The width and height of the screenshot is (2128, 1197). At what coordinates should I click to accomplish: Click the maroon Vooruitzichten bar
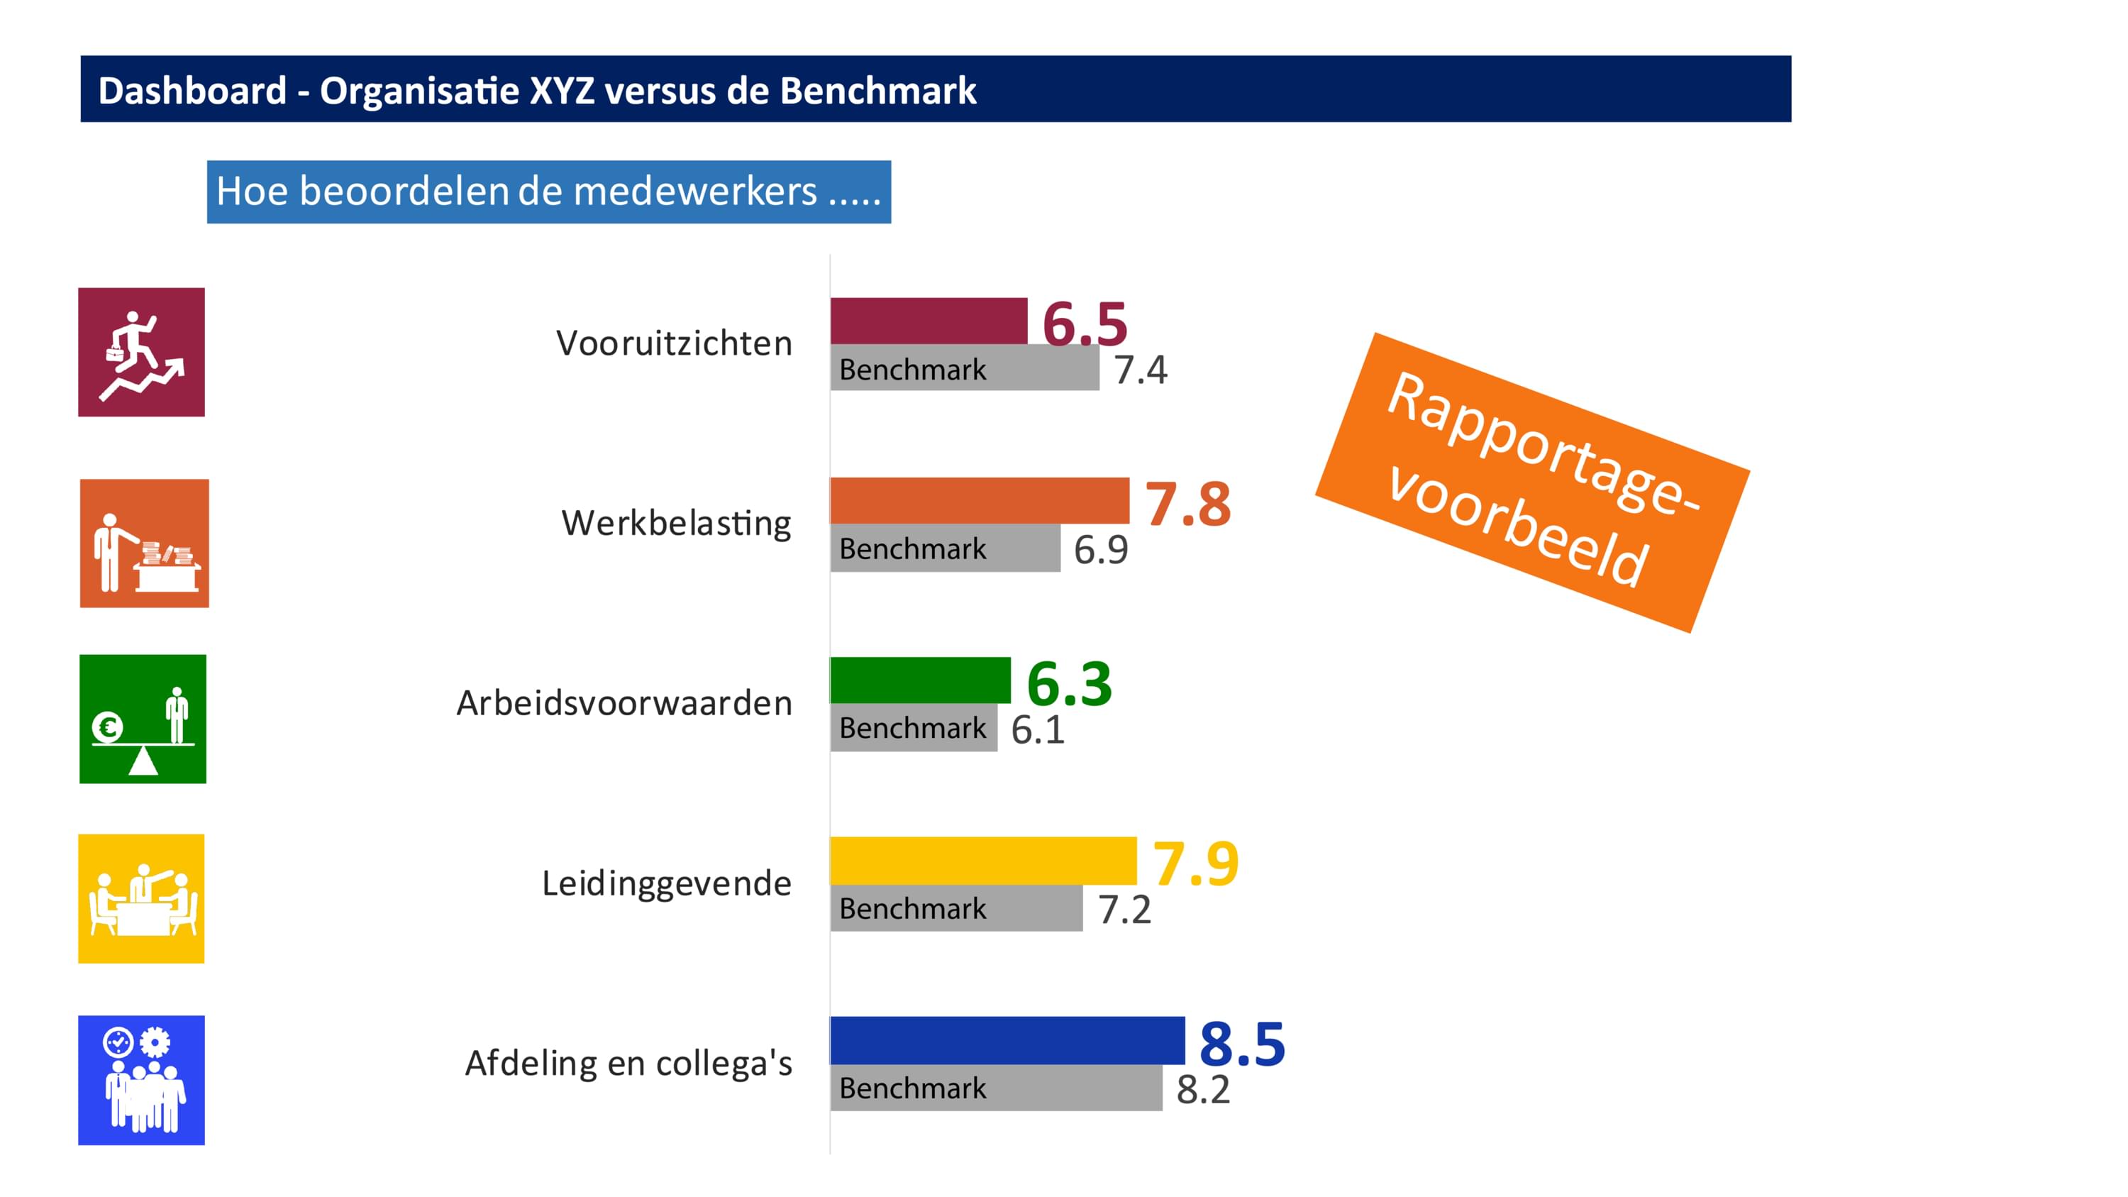pos(928,321)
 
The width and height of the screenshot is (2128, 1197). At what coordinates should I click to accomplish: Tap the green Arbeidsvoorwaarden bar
pos(919,680)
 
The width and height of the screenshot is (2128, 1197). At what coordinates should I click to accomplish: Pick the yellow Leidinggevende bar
pos(982,860)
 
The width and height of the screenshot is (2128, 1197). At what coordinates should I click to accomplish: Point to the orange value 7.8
pos(1187,504)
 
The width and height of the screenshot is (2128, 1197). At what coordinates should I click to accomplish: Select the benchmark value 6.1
pos(1038,730)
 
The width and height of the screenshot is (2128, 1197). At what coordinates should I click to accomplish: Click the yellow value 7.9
pos(1195,864)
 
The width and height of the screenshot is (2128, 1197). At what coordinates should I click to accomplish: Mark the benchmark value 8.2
pos(1203,1090)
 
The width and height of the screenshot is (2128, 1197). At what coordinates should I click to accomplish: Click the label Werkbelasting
pos(676,523)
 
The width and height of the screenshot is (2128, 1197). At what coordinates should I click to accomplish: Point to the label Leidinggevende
pos(666,883)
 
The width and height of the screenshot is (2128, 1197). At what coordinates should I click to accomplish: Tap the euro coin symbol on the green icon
pos(107,727)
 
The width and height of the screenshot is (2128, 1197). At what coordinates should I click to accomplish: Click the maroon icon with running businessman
pos(141,352)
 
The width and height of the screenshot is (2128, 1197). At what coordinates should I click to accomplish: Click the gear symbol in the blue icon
pos(155,1042)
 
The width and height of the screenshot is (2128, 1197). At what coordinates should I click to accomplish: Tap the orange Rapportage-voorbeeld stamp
pos(1531,482)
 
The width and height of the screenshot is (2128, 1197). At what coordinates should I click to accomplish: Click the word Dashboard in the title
pos(192,90)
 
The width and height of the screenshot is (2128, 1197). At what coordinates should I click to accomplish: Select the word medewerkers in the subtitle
pos(694,192)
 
